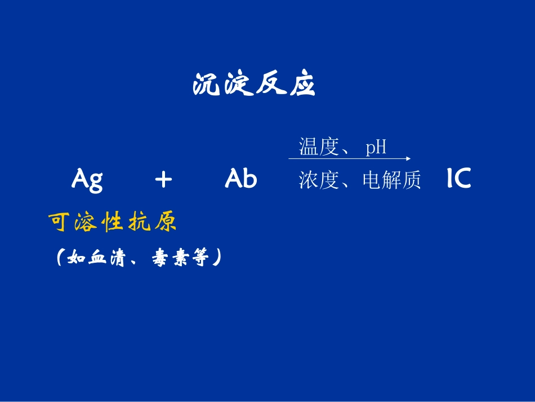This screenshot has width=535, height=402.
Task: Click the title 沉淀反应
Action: click(253, 85)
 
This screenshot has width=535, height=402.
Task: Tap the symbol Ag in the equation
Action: click(87, 180)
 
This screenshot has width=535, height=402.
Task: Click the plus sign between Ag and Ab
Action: click(163, 180)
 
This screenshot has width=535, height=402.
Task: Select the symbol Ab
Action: click(241, 179)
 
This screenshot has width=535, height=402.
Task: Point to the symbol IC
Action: click(458, 179)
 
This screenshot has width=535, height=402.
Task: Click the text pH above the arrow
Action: click(376, 148)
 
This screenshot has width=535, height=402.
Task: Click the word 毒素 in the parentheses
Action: click(170, 259)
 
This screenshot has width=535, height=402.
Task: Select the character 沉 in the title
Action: click(206, 85)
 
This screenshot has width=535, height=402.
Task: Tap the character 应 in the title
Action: click(302, 85)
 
